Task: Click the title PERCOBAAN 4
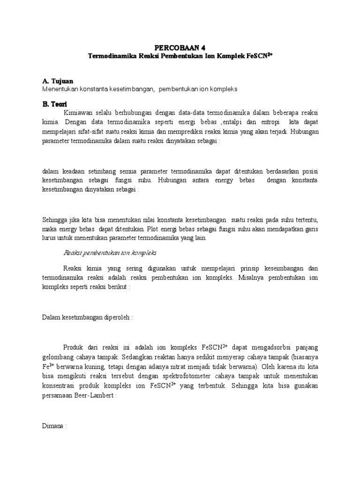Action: click(180, 47)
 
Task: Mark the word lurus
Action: click(50, 238)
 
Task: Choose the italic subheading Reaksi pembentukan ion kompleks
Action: click(110, 253)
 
